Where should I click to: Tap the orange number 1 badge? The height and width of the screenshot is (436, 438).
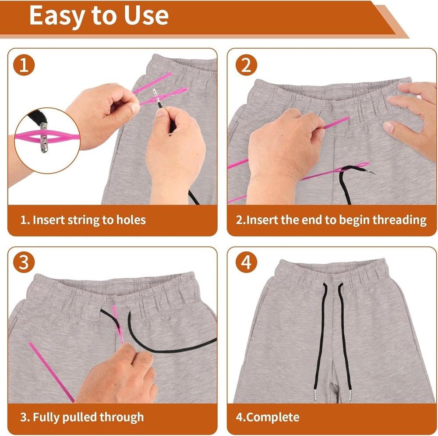(x=24, y=66)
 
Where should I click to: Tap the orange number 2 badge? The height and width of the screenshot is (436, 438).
(x=246, y=66)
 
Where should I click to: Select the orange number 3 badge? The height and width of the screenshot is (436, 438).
(x=24, y=263)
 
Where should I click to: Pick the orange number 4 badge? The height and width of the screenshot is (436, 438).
(x=246, y=263)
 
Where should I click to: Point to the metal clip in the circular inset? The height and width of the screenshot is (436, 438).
(x=43, y=138)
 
